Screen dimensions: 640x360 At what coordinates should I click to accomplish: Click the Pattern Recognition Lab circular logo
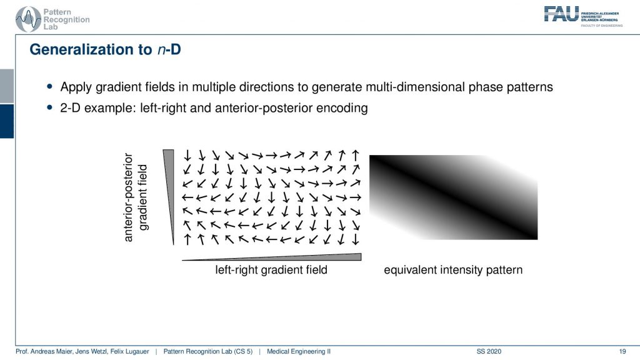(x=27, y=19)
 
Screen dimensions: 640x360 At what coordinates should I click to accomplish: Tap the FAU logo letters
(x=561, y=14)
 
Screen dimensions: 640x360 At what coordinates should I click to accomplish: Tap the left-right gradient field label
(x=271, y=270)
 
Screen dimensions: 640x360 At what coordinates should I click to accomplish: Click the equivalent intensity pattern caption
(x=453, y=270)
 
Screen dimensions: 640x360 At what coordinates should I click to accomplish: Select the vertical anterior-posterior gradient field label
(x=135, y=197)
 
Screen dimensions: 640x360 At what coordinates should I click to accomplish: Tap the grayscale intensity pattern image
(x=454, y=197)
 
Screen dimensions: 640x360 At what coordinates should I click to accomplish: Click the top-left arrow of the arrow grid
(x=187, y=155)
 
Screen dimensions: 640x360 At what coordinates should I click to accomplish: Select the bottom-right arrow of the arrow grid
(x=356, y=239)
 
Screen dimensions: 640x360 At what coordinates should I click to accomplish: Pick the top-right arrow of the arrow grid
(x=356, y=156)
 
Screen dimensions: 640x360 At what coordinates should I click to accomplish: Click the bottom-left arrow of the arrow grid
(x=187, y=239)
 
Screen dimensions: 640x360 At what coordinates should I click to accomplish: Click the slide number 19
(x=622, y=351)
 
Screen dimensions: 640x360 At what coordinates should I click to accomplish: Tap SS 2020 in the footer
(x=489, y=351)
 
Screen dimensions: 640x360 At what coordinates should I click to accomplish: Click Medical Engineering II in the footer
(x=299, y=351)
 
